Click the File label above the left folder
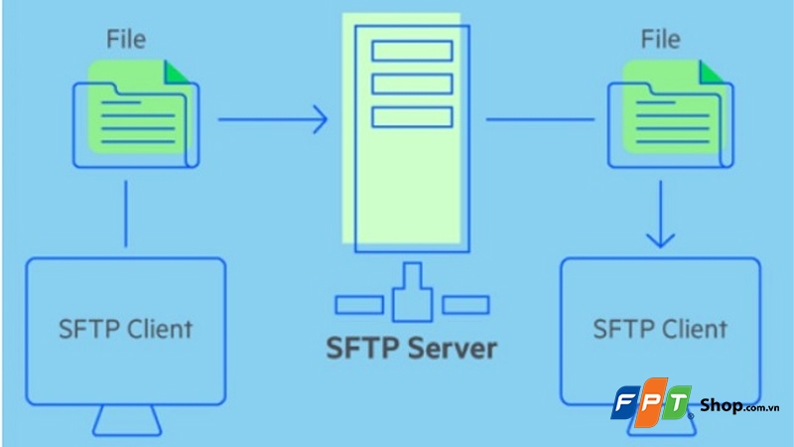pyautogui.click(x=125, y=41)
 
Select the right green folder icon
pyautogui.click(x=670, y=110)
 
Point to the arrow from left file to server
pyautogui.click(x=273, y=121)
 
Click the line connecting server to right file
pyautogui.click(x=541, y=121)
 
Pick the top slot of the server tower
pyautogui.click(x=412, y=50)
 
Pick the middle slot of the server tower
pyautogui.click(x=412, y=83)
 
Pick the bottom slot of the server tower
pyautogui.click(x=412, y=116)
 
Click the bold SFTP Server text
pyautogui.click(x=412, y=350)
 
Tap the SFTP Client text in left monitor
pyautogui.click(x=126, y=327)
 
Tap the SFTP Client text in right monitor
pyautogui.click(x=659, y=327)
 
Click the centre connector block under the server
pyautogui.click(x=412, y=298)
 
